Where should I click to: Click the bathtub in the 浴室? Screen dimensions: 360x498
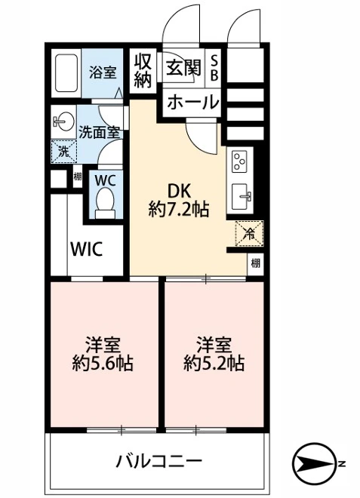[x=66, y=73]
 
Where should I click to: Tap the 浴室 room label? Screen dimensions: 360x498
[x=103, y=72]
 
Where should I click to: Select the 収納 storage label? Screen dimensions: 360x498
[x=143, y=71]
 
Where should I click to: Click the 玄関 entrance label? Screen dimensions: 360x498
[x=184, y=67]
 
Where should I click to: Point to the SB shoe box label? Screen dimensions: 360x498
[x=215, y=67]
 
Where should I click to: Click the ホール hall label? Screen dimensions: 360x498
[x=193, y=102]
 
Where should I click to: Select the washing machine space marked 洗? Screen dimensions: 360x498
[x=64, y=152]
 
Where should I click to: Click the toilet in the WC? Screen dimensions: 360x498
[x=106, y=202]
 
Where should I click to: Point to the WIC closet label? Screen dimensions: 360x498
[x=87, y=249]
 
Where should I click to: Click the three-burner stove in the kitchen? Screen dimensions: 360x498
[x=240, y=162]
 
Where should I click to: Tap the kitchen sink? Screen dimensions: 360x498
[x=242, y=197]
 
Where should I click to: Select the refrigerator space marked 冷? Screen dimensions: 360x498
[x=249, y=234]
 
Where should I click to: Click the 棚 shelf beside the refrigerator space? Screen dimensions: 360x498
[x=255, y=263]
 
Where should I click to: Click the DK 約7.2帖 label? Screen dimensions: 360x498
[x=179, y=201]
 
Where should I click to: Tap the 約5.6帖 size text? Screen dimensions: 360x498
[x=103, y=364]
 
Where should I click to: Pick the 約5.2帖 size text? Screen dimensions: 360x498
[x=214, y=364]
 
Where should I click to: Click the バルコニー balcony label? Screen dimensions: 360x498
[x=159, y=461]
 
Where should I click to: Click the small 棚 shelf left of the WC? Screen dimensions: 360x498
[x=78, y=177]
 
